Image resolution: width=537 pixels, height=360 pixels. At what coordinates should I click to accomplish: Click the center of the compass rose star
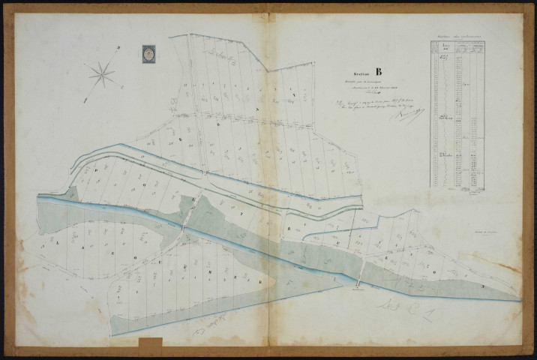[102, 73]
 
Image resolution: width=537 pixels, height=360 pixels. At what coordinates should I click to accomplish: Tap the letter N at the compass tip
[118, 49]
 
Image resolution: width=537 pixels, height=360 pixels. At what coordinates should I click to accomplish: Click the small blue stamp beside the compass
[147, 54]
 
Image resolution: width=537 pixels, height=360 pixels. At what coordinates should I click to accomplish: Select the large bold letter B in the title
[378, 73]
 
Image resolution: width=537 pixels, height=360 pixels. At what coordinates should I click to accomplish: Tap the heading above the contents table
[457, 36]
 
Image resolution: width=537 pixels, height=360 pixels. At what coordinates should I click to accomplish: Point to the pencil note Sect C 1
[407, 310]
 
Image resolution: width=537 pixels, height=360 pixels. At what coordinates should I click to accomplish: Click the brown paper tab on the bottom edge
[150, 344]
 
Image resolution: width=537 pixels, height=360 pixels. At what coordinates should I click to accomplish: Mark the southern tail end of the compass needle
[85, 100]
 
